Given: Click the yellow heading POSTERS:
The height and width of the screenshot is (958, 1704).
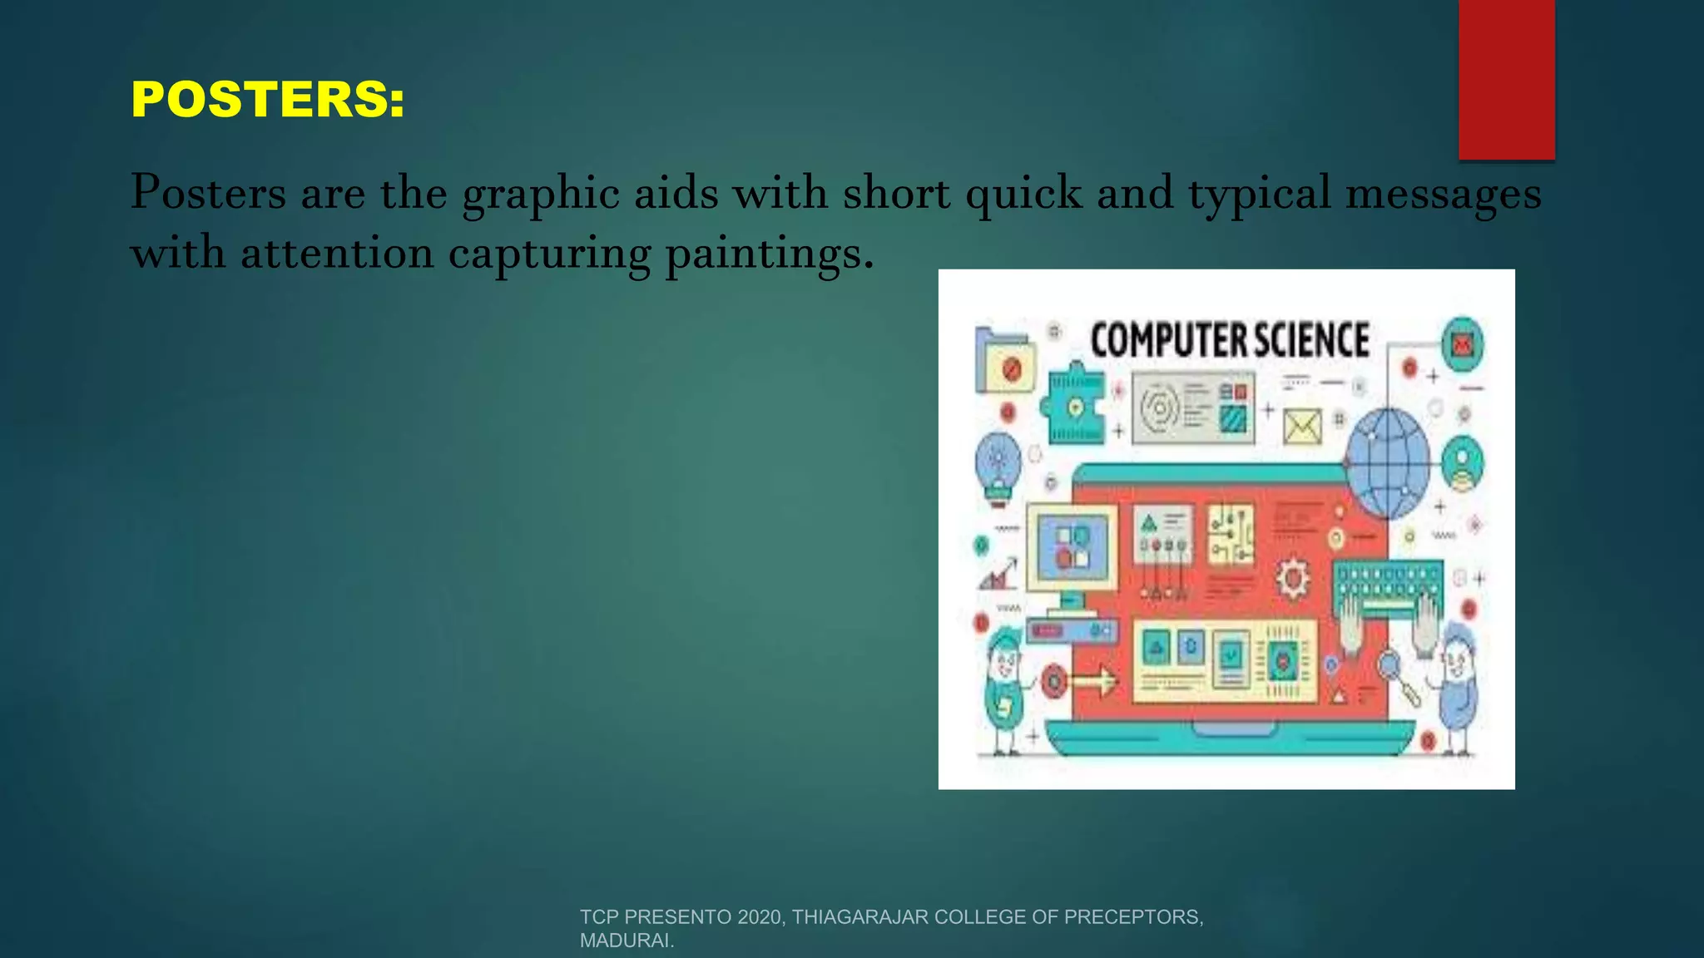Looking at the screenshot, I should pyautogui.click(x=268, y=100).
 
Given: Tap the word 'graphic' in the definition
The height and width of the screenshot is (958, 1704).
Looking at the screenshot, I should pyautogui.click(x=540, y=195).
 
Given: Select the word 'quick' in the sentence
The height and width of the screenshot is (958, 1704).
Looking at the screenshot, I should pyautogui.click(x=1023, y=195).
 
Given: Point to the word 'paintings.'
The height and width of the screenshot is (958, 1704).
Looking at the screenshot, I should pyautogui.click(x=770, y=254).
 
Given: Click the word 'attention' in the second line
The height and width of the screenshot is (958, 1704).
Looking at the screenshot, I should pyautogui.click(x=337, y=253).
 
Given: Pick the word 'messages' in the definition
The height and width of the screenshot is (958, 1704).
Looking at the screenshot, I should pyautogui.click(x=1444, y=195).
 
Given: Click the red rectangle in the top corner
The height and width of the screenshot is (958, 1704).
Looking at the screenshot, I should pyautogui.click(x=1506, y=79).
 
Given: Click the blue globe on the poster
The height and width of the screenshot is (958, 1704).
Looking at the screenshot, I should pyautogui.click(x=1387, y=463).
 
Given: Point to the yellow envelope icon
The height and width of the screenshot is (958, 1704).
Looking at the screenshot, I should pyautogui.click(x=1302, y=427).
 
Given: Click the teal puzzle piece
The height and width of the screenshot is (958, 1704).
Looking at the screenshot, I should pyautogui.click(x=1075, y=405).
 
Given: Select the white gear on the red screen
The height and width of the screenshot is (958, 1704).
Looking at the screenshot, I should pyautogui.click(x=1291, y=577).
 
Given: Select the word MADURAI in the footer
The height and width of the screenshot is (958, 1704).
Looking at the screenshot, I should pyautogui.click(x=624, y=941).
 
